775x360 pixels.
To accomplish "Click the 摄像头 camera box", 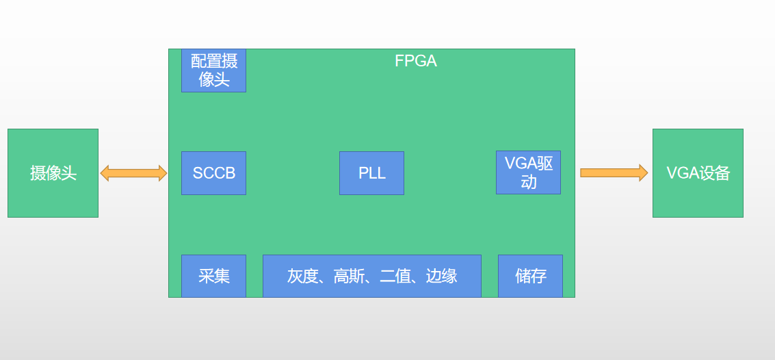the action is [53, 173].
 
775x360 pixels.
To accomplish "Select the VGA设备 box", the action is [698, 173].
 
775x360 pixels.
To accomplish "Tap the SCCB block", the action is [213, 173].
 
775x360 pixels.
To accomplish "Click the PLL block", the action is [371, 173].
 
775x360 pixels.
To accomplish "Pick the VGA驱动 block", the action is [528, 172].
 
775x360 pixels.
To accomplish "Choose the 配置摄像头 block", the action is [213, 70].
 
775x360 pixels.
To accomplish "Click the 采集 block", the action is [213, 276].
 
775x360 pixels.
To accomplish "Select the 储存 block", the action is [530, 276].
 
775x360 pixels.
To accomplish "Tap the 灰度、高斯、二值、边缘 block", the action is [372, 276].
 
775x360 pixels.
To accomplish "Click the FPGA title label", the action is [416, 61].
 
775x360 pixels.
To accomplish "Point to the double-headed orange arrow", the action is [133, 173].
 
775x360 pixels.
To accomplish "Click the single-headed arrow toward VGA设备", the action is [614, 172].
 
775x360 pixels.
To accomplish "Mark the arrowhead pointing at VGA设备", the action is [644, 172].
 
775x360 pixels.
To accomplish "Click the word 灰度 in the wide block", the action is [302, 276].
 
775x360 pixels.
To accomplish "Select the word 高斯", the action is [349, 276].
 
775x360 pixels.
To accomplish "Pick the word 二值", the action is [395, 276].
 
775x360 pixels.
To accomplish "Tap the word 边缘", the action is [442, 276].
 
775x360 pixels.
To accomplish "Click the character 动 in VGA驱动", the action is [528, 182].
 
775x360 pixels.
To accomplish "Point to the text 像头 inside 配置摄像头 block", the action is [213, 79].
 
